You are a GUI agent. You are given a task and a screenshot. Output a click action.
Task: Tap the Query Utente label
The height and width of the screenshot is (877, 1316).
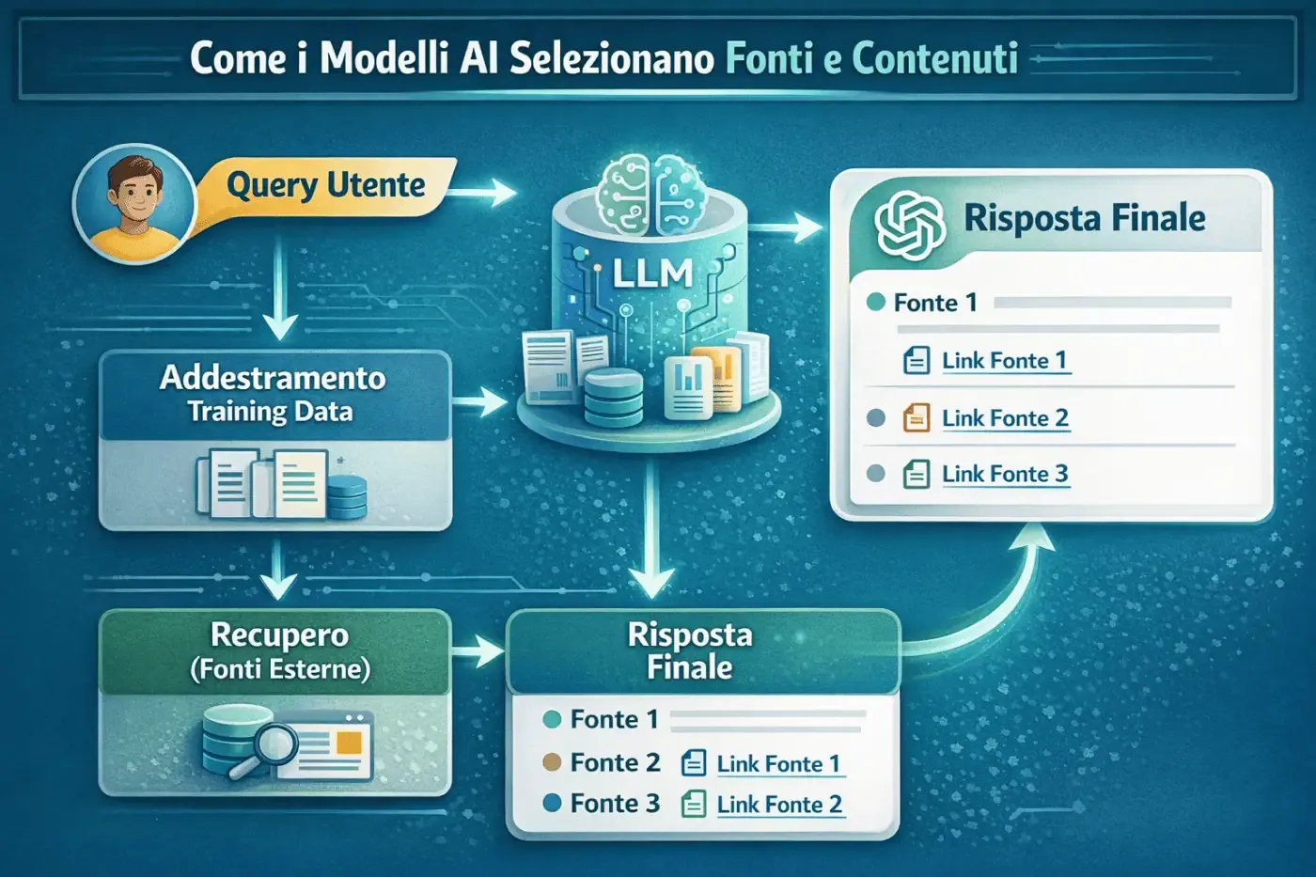coord(326,185)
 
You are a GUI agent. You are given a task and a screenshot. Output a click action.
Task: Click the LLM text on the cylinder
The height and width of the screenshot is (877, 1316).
coord(652,274)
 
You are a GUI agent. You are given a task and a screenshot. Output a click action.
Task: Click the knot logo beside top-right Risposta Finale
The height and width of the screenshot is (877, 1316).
coord(909,225)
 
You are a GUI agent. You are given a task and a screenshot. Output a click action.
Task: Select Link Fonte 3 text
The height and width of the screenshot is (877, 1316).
coord(1005,474)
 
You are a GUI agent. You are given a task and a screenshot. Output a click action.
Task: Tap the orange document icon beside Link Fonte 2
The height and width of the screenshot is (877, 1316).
coord(916,417)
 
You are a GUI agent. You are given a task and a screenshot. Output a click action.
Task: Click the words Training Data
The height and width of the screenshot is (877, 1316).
coord(270,412)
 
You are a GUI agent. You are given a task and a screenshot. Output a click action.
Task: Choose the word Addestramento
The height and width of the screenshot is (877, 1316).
coord(273,378)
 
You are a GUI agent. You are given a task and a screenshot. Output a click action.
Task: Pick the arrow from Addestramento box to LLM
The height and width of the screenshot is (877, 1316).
coord(481,404)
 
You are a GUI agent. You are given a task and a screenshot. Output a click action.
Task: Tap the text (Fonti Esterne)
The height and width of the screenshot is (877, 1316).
coord(280,669)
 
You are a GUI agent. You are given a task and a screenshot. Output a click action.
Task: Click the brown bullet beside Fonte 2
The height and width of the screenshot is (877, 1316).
coord(553,762)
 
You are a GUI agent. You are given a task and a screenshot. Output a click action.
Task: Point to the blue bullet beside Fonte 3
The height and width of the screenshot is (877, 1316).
coord(553,803)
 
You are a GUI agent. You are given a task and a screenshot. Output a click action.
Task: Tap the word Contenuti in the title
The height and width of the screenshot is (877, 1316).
coord(934,58)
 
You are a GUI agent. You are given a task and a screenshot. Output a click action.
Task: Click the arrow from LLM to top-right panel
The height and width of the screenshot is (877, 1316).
coord(790,227)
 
